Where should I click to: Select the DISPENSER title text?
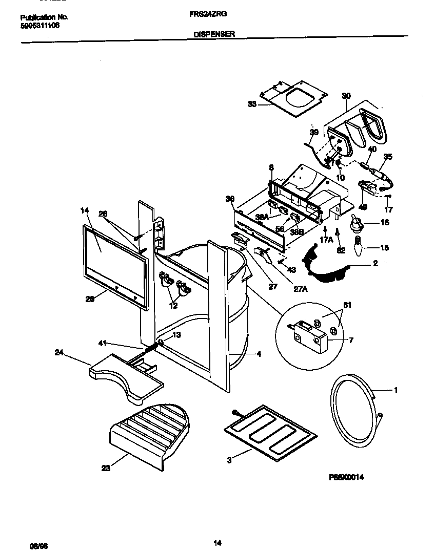coord(214,34)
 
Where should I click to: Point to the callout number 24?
coord(60,352)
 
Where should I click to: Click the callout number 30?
coord(346,96)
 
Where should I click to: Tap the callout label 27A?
coord(301,288)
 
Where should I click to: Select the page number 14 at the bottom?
coord(217,529)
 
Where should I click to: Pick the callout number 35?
coord(387,157)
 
